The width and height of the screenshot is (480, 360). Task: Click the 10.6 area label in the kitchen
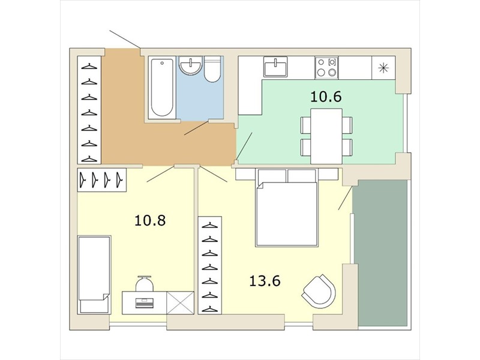pyautogui.click(x=326, y=97)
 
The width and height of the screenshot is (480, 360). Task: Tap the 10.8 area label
pyautogui.click(x=150, y=220)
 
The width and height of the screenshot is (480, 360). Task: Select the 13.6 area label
pyautogui.click(x=265, y=281)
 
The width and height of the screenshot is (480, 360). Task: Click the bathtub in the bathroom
pyautogui.click(x=162, y=88)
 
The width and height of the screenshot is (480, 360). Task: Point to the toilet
pyautogui.click(x=212, y=69)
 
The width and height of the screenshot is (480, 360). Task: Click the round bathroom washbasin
pyautogui.click(x=191, y=65)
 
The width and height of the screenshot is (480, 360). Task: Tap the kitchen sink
pyautogui.click(x=275, y=67)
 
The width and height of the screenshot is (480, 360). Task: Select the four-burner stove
pyautogui.click(x=326, y=67)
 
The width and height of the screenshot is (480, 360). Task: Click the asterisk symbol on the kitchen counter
pyautogui.click(x=383, y=68)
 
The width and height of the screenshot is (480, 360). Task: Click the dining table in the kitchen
pyautogui.click(x=326, y=136)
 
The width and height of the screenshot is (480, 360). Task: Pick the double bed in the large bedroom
pyautogui.click(x=287, y=207)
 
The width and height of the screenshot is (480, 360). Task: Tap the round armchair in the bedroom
pyautogui.click(x=319, y=292)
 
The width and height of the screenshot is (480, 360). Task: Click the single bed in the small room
pyautogui.click(x=94, y=275)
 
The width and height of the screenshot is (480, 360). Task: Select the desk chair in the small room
pyautogui.click(x=144, y=283)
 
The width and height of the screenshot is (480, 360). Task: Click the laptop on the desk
pyautogui.click(x=144, y=303)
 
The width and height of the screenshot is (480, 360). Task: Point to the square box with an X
pyautogui.click(x=181, y=303)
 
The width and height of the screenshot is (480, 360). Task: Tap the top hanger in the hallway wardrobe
pyautogui.click(x=89, y=66)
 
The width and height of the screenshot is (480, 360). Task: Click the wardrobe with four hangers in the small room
pyautogui.click(x=102, y=180)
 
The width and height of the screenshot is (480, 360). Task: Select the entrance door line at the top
pyautogui.click(x=125, y=40)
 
